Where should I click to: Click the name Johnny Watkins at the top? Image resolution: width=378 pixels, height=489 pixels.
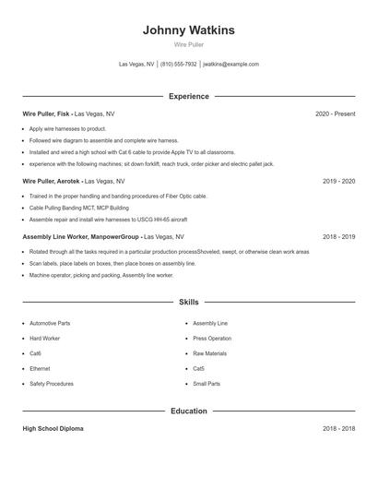[188, 30]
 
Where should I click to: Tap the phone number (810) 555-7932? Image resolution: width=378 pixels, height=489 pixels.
[179, 65]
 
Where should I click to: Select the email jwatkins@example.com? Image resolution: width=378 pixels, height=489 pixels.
[230, 65]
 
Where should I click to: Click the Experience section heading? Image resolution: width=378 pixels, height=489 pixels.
[188, 96]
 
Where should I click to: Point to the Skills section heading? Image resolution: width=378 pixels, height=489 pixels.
[188, 302]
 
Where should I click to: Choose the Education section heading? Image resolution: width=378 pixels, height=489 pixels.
[188, 411]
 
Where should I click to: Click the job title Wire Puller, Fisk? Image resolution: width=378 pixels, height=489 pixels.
[46, 113]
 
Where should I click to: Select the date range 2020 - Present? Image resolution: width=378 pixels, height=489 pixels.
[335, 113]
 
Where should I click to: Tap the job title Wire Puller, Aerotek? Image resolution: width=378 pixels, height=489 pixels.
[51, 182]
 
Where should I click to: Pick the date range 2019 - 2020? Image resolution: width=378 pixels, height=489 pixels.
[338, 182]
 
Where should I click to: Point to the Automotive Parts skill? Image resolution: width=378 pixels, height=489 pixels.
[50, 324]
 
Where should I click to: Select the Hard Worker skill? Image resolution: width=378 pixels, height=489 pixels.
[45, 339]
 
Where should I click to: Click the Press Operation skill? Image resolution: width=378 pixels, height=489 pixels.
[212, 339]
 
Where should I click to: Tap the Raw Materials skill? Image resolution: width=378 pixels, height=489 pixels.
[209, 353]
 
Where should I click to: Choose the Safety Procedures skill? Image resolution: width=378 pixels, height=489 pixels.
[52, 383]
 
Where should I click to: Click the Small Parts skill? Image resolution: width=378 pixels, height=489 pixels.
[207, 383]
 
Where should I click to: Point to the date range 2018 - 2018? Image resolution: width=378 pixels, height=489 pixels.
[338, 429]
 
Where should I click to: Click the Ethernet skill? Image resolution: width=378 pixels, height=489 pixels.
[41, 368]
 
